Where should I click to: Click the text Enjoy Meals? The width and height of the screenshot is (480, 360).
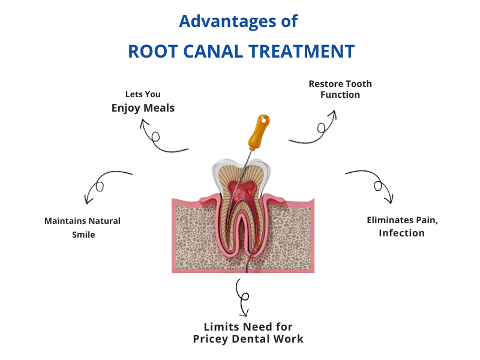point(143,108)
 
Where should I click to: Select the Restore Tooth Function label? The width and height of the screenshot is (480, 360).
point(340,89)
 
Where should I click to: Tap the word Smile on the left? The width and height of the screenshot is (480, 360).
point(83,235)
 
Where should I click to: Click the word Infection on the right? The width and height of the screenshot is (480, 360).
point(401,233)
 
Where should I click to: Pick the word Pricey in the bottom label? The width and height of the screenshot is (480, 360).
point(214,339)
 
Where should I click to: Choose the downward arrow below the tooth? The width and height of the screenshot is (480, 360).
point(242,297)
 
